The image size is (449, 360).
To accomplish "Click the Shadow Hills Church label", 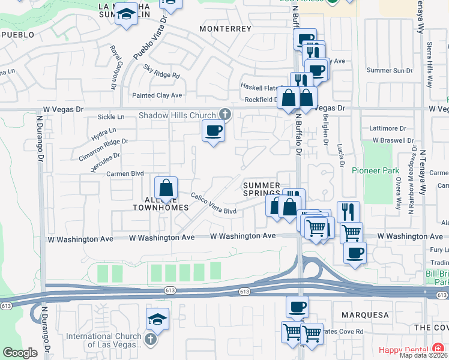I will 177,115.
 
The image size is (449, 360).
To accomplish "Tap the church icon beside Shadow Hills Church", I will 225,113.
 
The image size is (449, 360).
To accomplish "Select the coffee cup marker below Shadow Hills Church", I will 212,131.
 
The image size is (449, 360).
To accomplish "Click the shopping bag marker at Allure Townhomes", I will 166,188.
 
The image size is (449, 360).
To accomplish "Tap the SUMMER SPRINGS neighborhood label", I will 261,189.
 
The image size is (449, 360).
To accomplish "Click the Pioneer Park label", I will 375,170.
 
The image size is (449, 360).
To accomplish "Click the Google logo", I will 20,352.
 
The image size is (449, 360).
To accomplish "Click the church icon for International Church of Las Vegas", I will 150,340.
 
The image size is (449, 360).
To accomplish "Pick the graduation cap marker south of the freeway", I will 157,319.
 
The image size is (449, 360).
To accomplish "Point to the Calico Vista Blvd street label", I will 214,203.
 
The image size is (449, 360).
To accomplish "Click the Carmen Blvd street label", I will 125,173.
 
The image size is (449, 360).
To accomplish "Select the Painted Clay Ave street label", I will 157,95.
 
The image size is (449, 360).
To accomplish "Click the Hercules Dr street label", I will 105,158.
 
